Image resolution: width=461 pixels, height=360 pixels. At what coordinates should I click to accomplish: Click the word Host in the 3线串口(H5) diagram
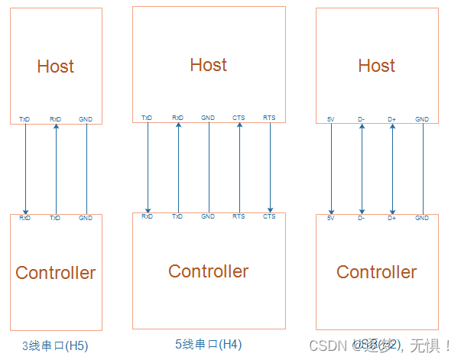[x=55, y=66]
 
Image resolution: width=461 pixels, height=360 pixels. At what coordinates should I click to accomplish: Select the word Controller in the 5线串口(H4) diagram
[x=208, y=271]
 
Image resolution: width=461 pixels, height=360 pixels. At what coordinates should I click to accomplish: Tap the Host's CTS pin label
[x=239, y=118]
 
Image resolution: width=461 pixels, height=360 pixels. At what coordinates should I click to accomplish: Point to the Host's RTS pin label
[x=269, y=118]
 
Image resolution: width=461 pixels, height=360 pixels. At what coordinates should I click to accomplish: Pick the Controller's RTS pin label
[x=239, y=216]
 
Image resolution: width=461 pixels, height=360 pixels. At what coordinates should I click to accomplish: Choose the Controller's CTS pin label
[x=269, y=216]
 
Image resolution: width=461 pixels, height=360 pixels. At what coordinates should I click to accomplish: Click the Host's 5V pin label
[x=331, y=119]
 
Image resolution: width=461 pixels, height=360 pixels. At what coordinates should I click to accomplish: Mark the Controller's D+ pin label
[x=392, y=218]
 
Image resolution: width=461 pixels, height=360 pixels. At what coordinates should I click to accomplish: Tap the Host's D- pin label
[x=362, y=119]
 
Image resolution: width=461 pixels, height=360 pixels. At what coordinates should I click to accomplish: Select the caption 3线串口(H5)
[x=55, y=345]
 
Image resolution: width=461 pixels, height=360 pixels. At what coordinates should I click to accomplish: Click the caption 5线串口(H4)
[x=208, y=344]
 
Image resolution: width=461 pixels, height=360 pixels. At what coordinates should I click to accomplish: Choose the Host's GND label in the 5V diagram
[x=422, y=119]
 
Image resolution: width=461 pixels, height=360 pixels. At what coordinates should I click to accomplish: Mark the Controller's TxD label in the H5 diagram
[x=55, y=218]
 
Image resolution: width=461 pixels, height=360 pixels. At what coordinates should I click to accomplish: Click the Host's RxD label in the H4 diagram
[x=178, y=118]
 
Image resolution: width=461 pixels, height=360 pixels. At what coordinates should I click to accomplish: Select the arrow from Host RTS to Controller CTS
[x=270, y=167]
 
